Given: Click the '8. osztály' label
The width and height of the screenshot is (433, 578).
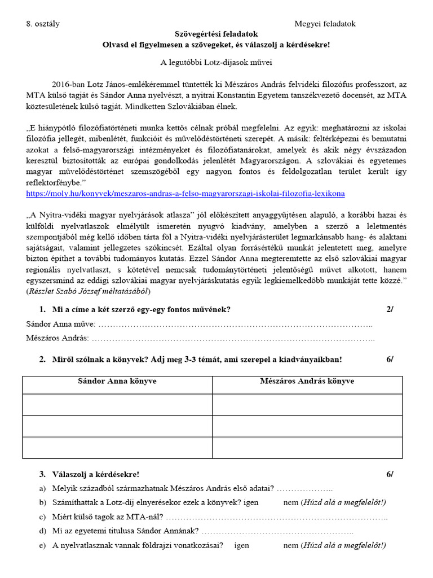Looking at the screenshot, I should (x=43, y=24).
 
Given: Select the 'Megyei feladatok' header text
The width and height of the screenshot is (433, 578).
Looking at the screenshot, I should (x=325, y=24).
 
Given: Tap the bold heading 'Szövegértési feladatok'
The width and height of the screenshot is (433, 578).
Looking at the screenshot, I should (x=216, y=34).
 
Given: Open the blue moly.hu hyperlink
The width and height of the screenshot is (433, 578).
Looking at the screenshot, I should (x=185, y=194).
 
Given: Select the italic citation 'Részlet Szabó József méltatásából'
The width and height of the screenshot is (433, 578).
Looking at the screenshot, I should (x=89, y=291).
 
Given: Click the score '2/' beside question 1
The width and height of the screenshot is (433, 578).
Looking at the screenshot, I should (x=390, y=309).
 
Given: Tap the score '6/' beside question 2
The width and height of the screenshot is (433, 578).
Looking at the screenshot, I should (x=390, y=360).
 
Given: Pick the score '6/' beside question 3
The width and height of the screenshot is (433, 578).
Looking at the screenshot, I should (x=390, y=474).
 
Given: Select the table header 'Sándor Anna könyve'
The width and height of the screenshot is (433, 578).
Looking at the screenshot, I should (x=117, y=382).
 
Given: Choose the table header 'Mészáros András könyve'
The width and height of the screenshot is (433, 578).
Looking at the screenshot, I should (x=307, y=382).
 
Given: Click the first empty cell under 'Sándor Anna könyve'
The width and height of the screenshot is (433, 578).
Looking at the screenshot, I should (x=117, y=404).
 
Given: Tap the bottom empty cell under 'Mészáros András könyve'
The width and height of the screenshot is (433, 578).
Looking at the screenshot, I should (x=307, y=447).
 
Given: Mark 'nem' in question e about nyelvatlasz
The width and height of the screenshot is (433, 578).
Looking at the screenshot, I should (x=290, y=545).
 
